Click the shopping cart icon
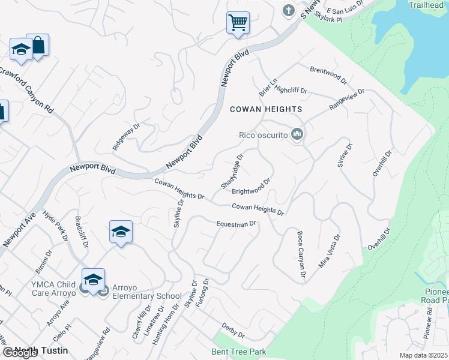tap(238, 23)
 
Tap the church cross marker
tap(289, 11)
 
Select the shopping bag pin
tap(38, 45)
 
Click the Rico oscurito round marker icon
tap(296, 135)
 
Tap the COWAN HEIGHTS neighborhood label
tap(266, 109)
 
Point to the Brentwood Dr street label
tap(328, 74)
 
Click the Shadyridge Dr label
tap(232, 172)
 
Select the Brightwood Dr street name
tap(252, 186)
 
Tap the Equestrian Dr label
tap(237, 224)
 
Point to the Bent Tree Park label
tap(238, 352)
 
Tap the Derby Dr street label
tap(233, 331)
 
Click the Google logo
tap(20, 353)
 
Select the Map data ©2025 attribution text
tap(423, 355)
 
